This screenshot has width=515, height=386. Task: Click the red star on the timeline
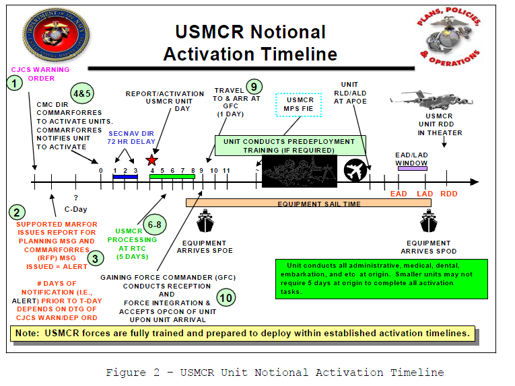[x=151, y=161]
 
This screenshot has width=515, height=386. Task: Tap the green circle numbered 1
[x=14, y=83]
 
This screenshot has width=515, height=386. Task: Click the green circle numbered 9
[x=252, y=86]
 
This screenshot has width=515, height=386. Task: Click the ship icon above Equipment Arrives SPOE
[x=204, y=221]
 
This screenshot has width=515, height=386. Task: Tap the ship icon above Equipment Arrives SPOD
[x=428, y=221]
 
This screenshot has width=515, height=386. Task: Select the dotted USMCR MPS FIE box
[x=300, y=104]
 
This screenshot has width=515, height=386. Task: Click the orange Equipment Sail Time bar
[x=298, y=203]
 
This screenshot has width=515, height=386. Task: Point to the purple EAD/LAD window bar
[x=412, y=168]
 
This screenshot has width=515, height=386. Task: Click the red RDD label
[x=448, y=194]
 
